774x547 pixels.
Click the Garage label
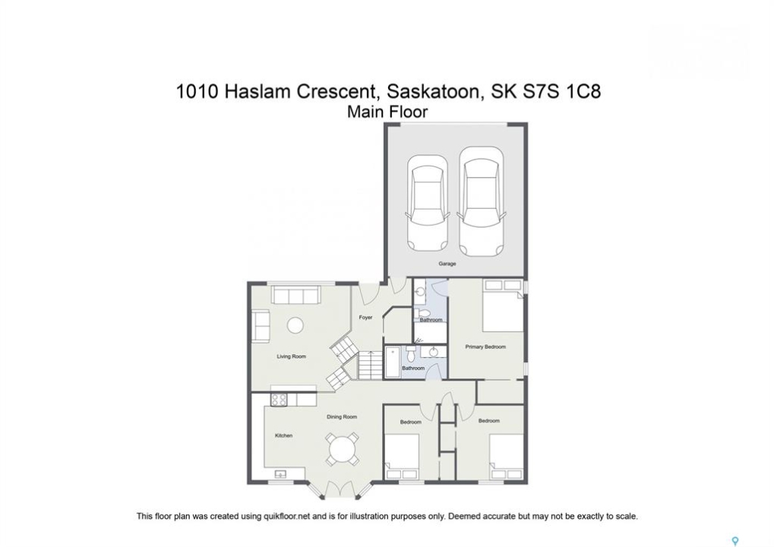coord(447,264)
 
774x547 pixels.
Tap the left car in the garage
coord(428,204)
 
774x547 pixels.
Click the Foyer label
coord(365,318)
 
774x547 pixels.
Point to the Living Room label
coord(291,356)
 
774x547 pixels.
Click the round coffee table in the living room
coord(295,325)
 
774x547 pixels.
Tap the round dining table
coord(342,449)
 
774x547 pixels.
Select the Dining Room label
coord(342,416)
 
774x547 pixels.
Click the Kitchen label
coord(284,435)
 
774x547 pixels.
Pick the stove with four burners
coord(279,399)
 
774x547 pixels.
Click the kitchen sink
coord(280,474)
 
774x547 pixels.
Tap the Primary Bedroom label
coord(485,346)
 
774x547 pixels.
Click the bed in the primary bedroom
coord(503,305)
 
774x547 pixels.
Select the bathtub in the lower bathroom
coord(393,362)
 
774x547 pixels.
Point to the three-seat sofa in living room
coord(295,296)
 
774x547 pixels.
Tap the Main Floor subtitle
coord(387,112)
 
